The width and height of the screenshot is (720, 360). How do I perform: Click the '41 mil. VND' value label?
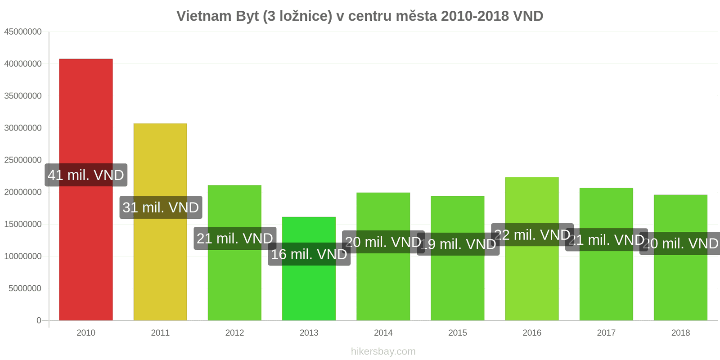(x=86, y=175)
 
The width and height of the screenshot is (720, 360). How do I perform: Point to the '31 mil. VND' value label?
(x=161, y=207)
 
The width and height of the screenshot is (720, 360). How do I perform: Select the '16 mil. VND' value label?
(x=309, y=254)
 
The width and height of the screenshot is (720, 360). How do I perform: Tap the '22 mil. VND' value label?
(x=532, y=235)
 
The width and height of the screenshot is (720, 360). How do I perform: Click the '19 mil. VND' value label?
(x=458, y=244)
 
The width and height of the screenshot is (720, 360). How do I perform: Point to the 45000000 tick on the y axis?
(x=23, y=32)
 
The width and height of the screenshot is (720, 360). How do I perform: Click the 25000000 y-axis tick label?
(x=23, y=160)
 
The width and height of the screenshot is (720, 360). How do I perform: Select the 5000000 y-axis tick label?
(x=25, y=288)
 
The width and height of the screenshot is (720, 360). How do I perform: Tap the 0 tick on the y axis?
(x=39, y=320)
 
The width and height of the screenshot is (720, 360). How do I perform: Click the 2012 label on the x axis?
(x=234, y=333)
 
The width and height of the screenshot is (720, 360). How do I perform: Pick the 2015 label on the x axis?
(x=458, y=333)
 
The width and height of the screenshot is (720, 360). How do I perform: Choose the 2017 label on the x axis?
(x=606, y=333)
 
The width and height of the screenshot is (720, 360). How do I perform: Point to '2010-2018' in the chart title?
(x=475, y=16)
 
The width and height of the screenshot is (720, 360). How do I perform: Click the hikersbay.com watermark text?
(x=383, y=351)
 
